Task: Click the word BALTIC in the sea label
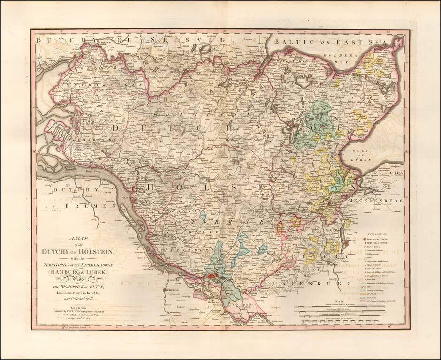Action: click(x=291, y=42)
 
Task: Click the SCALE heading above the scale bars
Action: click(x=346, y=302)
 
